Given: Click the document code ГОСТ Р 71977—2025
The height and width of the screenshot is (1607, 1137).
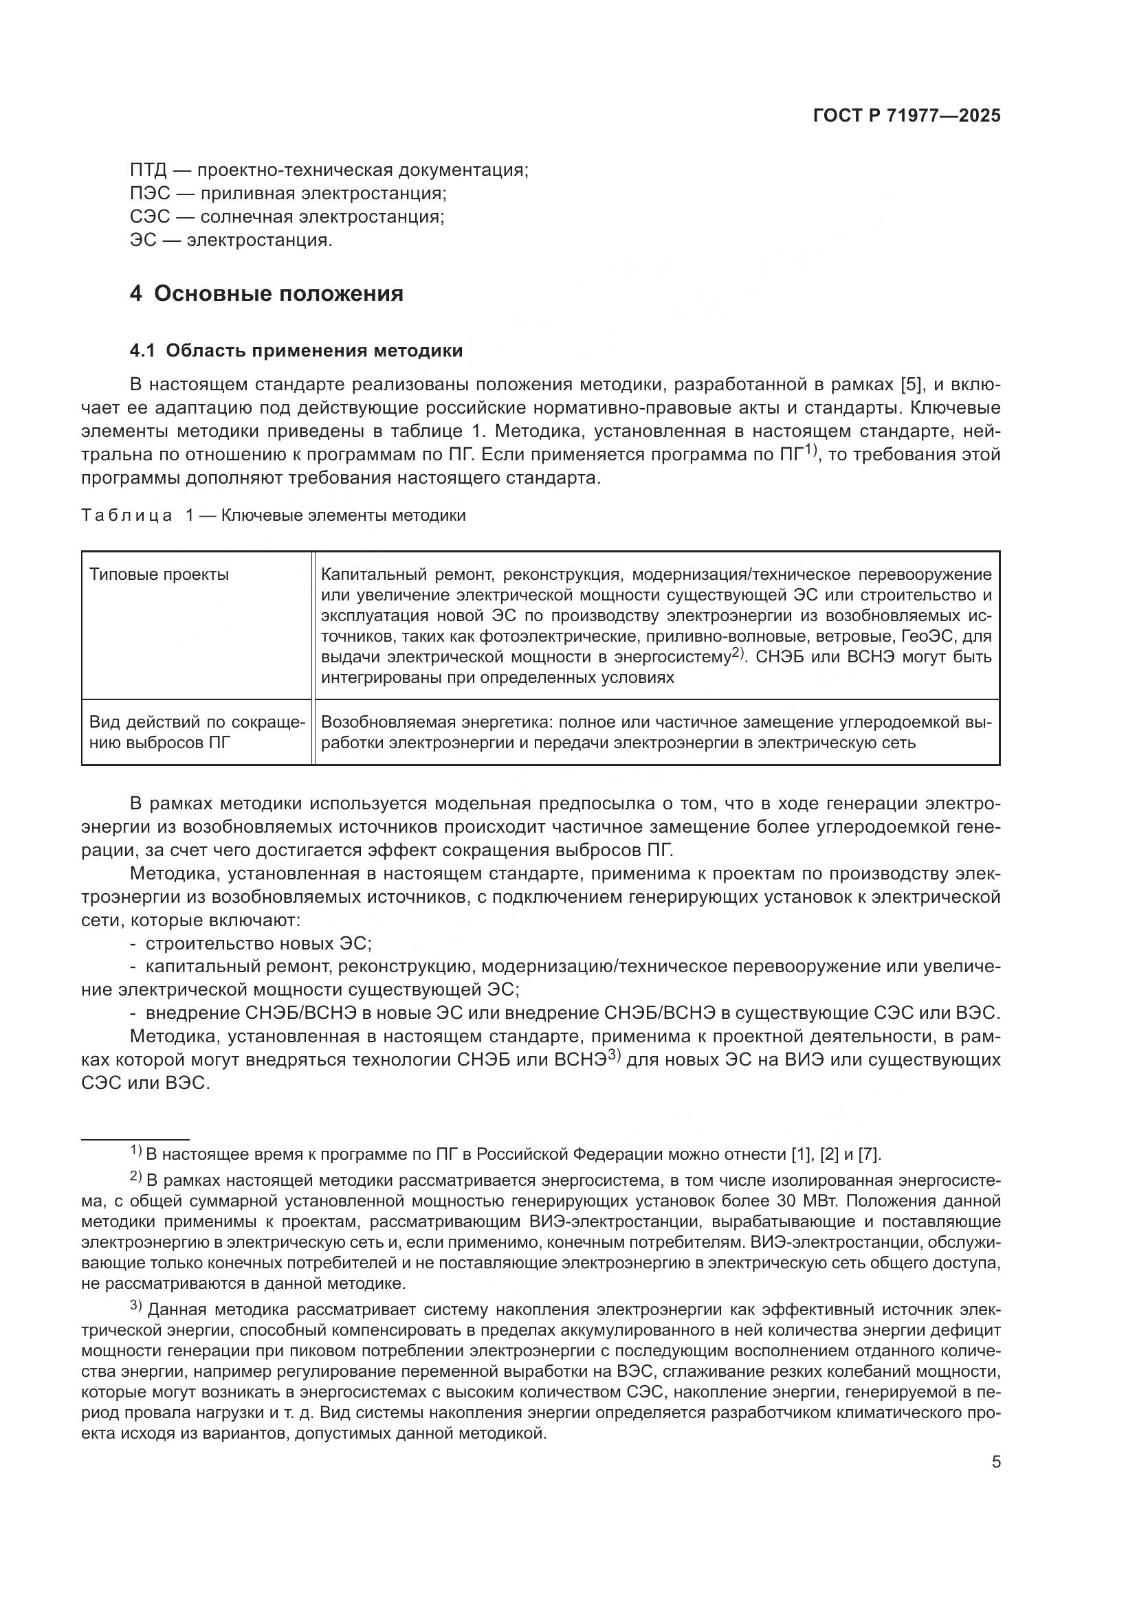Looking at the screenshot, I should pyautogui.click(x=907, y=116).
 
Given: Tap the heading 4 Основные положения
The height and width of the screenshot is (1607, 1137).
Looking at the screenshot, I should pyautogui.click(x=266, y=293).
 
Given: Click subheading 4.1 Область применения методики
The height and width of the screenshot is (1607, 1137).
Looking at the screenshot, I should pyautogui.click(x=296, y=350).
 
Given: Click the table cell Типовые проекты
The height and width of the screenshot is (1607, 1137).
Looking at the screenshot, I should pyautogui.click(x=159, y=575).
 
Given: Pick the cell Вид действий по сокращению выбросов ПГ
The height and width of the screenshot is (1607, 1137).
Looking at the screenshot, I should pyautogui.click(x=197, y=732).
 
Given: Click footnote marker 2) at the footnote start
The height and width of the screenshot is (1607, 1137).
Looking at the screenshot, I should pyautogui.click(x=136, y=1180).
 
